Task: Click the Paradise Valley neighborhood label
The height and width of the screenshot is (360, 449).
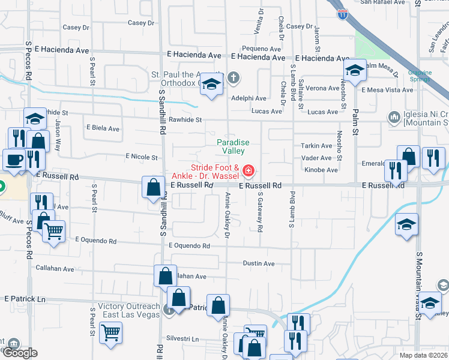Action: pyautogui.click(x=233, y=147)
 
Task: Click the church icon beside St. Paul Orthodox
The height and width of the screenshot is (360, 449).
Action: pyautogui.click(x=234, y=77)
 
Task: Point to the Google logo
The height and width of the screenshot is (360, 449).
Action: pyautogui.click(x=20, y=353)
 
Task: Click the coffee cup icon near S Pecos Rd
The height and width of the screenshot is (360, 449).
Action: pyautogui.click(x=13, y=160)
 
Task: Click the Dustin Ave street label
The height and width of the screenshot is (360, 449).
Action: pyautogui.click(x=259, y=264)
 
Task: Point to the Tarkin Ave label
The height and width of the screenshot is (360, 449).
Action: pyautogui.click(x=317, y=146)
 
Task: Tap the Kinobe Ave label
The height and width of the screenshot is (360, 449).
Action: pyautogui.click(x=322, y=170)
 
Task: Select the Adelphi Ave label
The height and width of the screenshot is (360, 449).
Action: pyautogui.click(x=249, y=98)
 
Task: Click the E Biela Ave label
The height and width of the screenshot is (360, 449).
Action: pyautogui.click(x=103, y=128)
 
